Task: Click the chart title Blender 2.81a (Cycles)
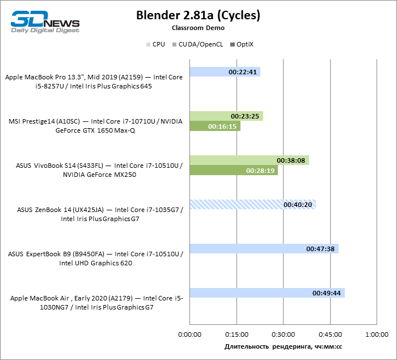pos(198,15)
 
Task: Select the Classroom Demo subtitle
pos(198,28)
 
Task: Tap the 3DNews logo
pos(45,20)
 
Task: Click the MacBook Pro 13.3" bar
pos(225,72)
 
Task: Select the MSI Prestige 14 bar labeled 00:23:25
pos(226,116)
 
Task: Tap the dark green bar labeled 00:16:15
pos(214,126)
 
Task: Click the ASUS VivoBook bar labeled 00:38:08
pos(249,160)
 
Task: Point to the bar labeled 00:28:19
pos(233,170)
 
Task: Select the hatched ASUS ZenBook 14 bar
pos(252,204)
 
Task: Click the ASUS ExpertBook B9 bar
pos(264,248)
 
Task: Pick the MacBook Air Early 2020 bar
pos(267,293)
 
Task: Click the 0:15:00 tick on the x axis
pos(236,334)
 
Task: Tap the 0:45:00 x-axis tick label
pos(330,334)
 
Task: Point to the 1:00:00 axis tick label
pos(377,334)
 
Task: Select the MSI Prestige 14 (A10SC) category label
pos(96,125)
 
